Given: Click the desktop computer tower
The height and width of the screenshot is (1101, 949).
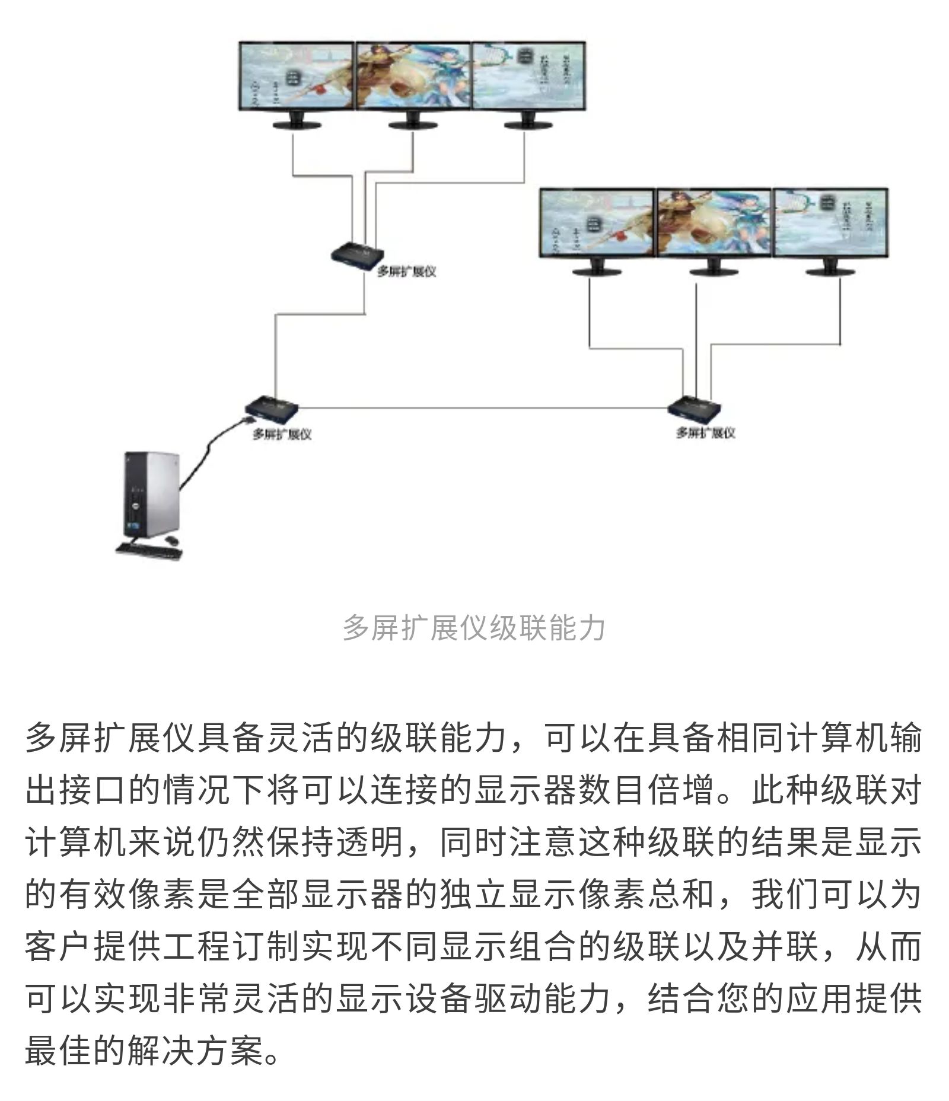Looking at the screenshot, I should point(151,493).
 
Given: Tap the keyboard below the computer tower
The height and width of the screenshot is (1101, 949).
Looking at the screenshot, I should point(148,550).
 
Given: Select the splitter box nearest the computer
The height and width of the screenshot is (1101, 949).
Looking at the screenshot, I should point(271,407).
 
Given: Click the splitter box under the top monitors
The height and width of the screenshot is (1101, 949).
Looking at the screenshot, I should point(358,255).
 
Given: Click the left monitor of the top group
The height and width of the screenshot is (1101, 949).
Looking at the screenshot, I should point(297,77).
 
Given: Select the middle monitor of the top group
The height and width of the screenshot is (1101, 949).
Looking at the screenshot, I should point(413,77).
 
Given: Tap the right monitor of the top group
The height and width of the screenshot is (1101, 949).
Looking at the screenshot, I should point(528,77).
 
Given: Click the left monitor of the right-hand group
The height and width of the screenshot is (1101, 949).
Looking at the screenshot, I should point(597,224).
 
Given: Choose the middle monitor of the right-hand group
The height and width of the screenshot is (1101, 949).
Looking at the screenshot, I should point(714,224).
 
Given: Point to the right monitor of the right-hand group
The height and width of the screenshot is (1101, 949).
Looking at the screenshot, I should point(830,224).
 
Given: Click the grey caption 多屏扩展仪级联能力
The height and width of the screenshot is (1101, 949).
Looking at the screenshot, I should point(474,628).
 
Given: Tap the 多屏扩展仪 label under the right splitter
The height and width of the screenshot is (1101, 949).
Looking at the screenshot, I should point(705,433).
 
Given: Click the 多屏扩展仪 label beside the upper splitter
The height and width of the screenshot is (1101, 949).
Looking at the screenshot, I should point(407,271).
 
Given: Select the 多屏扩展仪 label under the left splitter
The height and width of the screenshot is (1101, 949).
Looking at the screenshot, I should point(282,434).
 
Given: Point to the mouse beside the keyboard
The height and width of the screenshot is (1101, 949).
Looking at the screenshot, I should point(171,540).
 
